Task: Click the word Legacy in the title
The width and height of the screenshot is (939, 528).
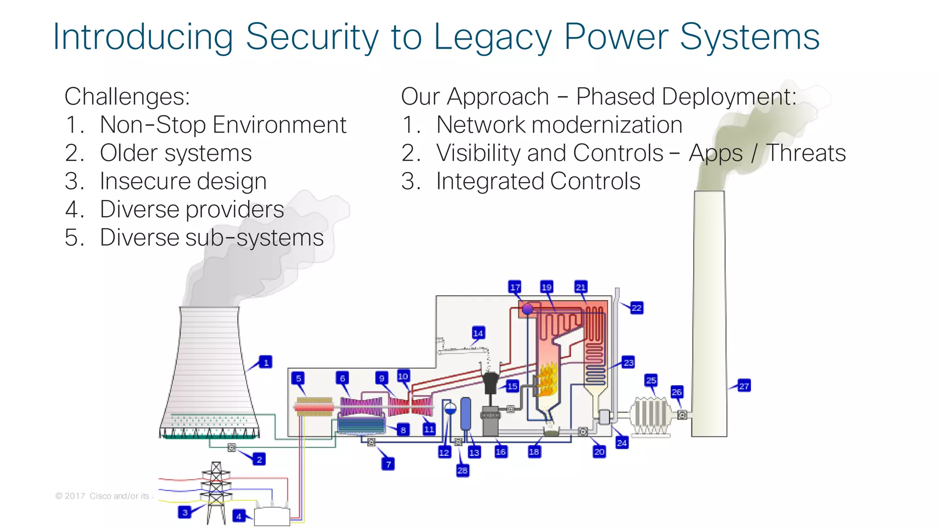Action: point(492,38)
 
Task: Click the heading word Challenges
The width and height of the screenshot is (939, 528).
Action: point(127,97)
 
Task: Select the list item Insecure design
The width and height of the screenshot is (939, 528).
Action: point(183,181)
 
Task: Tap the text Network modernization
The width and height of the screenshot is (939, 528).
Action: point(559,125)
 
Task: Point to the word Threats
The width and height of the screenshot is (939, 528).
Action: point(806,153)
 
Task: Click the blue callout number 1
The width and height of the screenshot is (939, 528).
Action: point(265,362)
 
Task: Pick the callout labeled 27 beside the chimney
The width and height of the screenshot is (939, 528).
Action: point(744,386)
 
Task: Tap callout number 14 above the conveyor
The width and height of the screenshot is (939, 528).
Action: point(478,333)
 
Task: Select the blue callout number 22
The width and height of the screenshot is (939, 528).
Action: point(636,308)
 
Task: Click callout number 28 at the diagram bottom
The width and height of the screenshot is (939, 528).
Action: point(462,470)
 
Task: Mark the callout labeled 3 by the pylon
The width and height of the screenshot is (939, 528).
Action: point(185,512)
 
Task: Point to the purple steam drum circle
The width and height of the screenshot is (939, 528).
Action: point(528,309)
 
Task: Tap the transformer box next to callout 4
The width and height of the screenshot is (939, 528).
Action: point(271,517)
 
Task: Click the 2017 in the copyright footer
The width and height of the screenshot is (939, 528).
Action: point(75,496)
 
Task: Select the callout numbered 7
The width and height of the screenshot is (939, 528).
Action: point(388,464)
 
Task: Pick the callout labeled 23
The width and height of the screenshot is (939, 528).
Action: point(628,362)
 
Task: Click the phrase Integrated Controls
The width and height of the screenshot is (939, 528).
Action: point(538,181)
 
